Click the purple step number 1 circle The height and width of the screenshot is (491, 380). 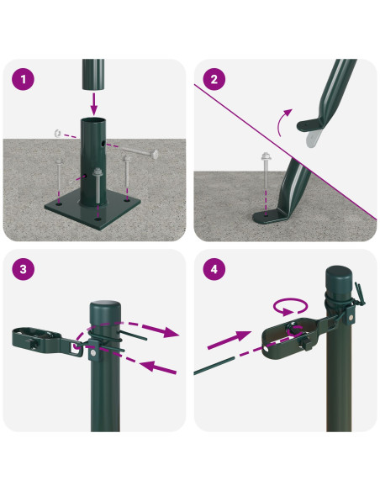pos(24,79)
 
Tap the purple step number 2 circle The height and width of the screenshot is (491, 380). pos(214,79)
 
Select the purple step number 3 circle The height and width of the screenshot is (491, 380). pos(24,269)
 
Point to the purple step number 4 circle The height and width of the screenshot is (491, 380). pos(214,269)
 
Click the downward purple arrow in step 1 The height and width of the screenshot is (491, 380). pos(94,103)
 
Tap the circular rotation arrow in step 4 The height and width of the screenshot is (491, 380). pos(290,306)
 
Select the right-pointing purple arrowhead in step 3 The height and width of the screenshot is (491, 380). pos(171,332)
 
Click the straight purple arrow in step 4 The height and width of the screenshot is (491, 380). pos(230,340)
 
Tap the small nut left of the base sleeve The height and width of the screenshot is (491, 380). pos(58,133)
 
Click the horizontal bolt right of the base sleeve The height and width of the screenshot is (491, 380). pos(140,152)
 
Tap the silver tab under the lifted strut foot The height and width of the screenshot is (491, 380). pos(312,138)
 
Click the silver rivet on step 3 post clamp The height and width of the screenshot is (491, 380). pos(93,353)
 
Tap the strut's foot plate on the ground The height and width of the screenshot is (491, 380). pos(270,216)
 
